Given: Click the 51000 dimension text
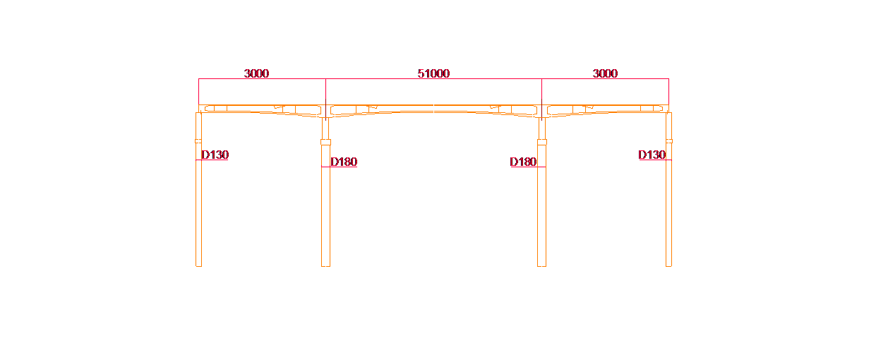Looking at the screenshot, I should coord(433,73).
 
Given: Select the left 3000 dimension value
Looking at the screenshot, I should coord(256,73).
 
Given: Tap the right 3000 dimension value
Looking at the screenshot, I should coord(605,73).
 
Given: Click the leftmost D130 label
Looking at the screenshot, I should coord(215,155).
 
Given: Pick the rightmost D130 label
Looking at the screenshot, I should coord(652,155).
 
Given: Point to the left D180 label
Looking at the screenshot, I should coord(344,162).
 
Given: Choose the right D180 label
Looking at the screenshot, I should coord(523,162).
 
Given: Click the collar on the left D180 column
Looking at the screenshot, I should coord(325,142).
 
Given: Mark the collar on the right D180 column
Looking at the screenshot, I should coord(541,142).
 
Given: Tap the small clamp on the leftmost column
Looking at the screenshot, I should coord(198,141).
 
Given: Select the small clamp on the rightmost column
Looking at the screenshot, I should coord(669,141).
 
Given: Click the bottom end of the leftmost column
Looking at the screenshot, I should coord(198,265).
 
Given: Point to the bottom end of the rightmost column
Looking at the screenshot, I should coord(668,265).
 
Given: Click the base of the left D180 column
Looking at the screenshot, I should coord(325,265).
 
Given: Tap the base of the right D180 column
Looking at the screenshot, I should coord(541,265).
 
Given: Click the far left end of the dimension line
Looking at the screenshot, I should coord(198,79).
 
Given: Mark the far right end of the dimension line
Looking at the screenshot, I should coord(668,79).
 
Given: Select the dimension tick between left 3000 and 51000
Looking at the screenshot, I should coord(325,79).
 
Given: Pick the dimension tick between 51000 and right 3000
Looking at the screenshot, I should coord(541,79).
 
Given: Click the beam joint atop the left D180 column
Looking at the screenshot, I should coord(325,111).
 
